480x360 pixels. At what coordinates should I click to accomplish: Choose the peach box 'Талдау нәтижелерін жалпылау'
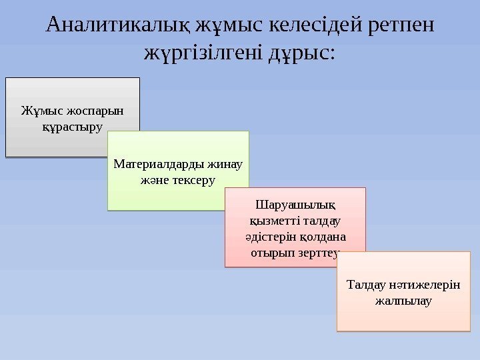pos(404,291)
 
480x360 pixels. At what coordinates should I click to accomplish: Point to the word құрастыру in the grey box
pos(73,125)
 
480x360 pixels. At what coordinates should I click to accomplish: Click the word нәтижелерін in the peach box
pos(423,285)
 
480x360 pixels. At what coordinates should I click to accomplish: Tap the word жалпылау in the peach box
pos(404,301)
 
